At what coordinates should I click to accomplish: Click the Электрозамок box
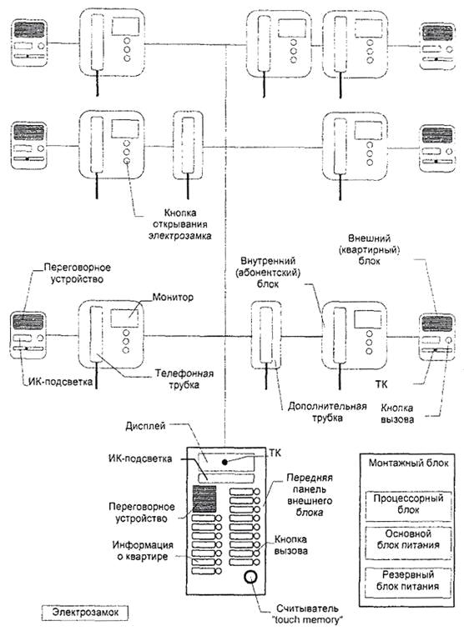[85, 613]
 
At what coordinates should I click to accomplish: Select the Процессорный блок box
[408, 505]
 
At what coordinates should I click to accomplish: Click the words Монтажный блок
[408, 463]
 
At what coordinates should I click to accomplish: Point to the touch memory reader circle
[250, 577]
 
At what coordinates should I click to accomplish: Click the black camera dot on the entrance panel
[224, 462]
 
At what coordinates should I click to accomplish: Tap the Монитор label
[173, 298]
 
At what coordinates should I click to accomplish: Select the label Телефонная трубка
[184, 379]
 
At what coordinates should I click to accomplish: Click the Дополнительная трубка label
[327, 412]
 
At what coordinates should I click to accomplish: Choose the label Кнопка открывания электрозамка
[179, 224]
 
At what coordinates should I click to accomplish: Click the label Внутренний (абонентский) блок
[268, 273]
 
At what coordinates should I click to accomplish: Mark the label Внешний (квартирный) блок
[370, 249]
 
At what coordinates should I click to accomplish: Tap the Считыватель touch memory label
[307, 614]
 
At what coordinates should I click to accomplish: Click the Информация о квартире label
[143, 551]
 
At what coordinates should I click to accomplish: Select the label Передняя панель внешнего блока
[310, 495]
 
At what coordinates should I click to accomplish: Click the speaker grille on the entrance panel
[204, 499]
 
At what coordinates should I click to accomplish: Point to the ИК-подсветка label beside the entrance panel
[139, 458]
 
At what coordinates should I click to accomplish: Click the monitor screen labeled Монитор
[124, 318]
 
